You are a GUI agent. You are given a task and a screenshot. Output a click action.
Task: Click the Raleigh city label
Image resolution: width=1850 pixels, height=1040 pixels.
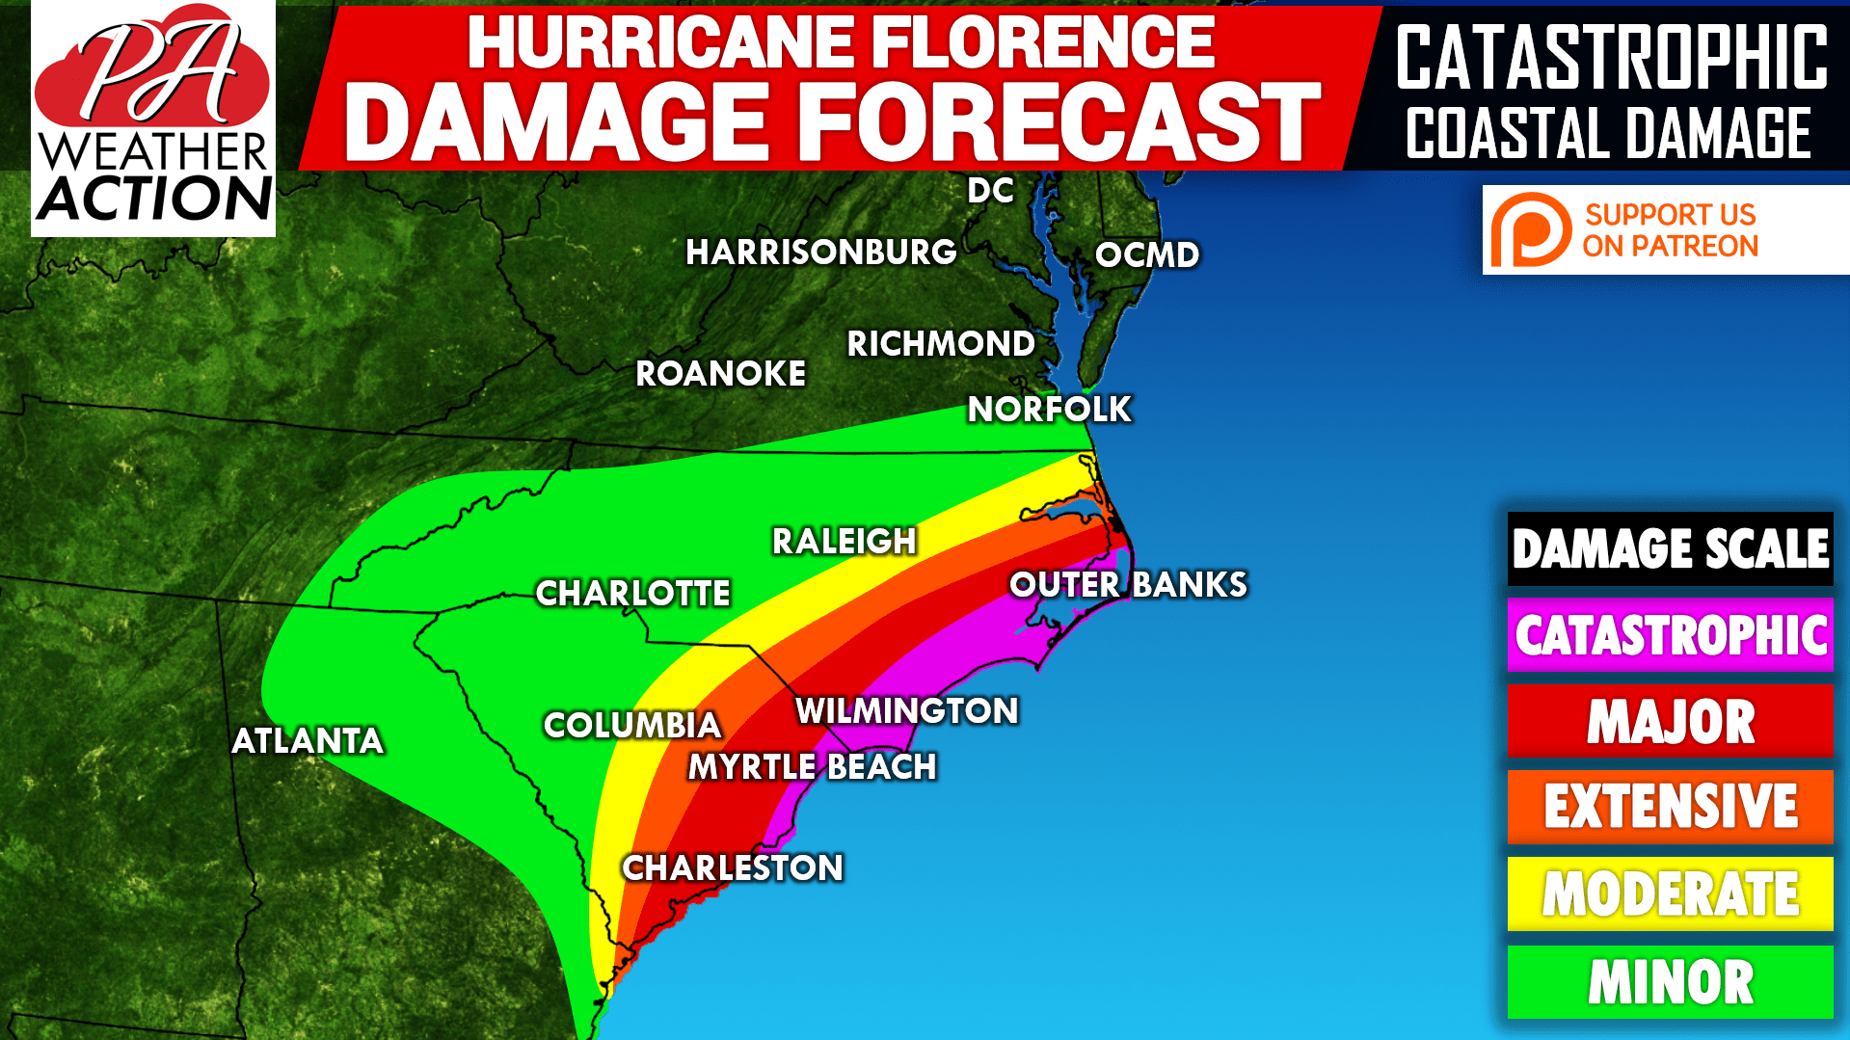[x=844, y=542]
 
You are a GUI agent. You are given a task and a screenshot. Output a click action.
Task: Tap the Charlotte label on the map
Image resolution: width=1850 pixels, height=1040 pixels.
[x=632, y=594]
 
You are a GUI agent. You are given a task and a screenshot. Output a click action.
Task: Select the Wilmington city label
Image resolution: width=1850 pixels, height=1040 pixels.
[x=906, y=711]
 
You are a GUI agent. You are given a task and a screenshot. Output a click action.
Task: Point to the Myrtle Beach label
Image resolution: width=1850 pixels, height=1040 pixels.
[x=812, y=767]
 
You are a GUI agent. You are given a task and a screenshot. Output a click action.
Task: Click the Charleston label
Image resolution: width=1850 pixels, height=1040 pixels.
[x=733, y=868]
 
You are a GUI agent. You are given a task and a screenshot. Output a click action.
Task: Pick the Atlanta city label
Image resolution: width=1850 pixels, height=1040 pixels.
[x=308, y=741]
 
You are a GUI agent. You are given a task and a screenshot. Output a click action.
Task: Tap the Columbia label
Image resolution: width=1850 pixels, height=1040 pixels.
[x=632, y=726]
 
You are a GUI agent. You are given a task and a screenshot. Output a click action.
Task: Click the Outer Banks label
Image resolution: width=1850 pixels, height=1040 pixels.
[x=1128, y=585]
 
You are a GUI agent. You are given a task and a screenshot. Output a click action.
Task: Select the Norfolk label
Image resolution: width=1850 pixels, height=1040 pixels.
[x=1049, y=410]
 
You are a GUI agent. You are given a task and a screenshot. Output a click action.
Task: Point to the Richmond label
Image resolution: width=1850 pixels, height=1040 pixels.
[x=941, y=344]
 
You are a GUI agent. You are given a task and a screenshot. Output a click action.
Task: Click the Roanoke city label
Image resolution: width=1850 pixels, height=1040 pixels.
[x=720, y=374]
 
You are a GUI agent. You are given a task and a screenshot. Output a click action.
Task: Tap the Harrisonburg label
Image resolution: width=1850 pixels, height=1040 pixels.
[x=821, y=253]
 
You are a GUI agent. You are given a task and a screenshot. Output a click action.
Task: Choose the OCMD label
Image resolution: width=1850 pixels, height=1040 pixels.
[x=1147, y=255]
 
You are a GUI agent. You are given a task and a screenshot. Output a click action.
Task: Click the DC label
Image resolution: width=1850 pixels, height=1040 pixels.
[x=991, y=191]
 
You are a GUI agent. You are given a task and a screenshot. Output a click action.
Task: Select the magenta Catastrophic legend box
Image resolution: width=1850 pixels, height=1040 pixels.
[x=1670, y=635]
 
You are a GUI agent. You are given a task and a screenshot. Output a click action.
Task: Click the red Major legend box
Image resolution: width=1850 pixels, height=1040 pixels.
[x=1670, y=721]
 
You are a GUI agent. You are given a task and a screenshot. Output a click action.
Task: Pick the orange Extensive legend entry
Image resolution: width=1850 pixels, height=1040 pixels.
[x=1670, y=807]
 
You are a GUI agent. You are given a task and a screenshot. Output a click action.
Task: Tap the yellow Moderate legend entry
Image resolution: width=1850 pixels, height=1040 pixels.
[x=1670, y=893]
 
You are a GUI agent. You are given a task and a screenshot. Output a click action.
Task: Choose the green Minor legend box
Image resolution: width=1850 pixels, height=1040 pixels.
[x=1670, y=982]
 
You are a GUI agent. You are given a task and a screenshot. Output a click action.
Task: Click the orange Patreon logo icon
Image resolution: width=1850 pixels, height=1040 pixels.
[x=1530, y=230]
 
